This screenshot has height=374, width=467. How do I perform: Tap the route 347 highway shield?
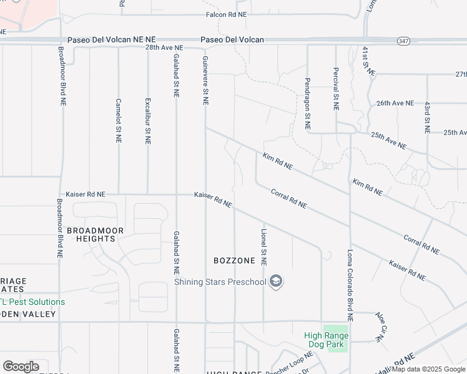403,41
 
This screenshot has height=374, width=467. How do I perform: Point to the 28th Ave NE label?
164,47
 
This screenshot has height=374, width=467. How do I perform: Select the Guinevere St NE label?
205,79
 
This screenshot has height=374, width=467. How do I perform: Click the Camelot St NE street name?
118,119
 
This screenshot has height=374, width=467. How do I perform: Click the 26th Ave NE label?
395,103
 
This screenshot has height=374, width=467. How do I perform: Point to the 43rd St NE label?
427,118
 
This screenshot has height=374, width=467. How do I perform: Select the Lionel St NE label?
263,247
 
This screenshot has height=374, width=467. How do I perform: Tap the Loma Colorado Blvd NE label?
350,285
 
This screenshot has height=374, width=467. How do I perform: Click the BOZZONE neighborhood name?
234,260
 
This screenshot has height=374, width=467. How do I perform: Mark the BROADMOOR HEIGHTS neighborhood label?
96,234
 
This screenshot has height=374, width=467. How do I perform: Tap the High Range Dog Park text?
326,340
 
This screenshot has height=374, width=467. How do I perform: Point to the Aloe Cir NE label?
381,325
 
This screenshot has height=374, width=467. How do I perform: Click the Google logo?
21,367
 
